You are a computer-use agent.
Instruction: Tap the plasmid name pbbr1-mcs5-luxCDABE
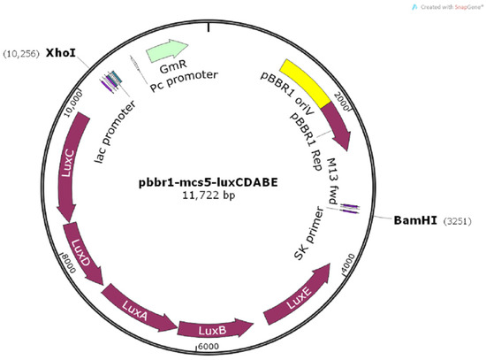[207, 182]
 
